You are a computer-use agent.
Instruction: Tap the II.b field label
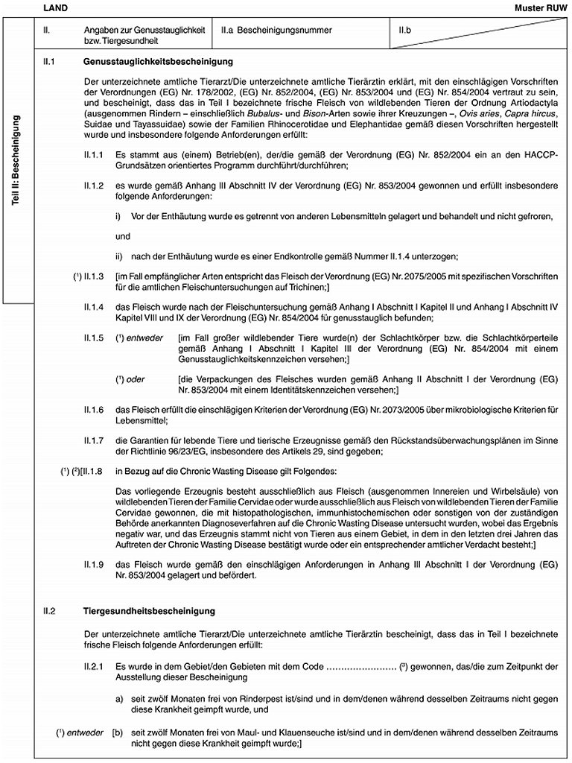click(x=406, y=31)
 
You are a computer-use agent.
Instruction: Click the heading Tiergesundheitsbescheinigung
click(x=150, y=611)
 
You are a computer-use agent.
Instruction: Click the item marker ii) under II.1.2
click(x=119, y=257)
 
